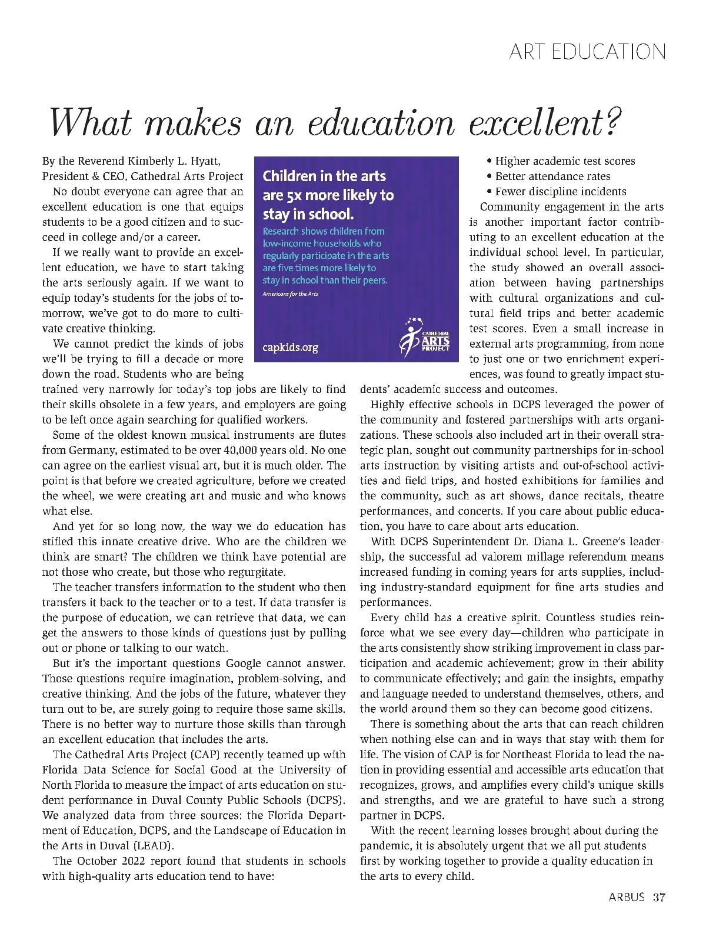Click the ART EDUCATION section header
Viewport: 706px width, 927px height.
[588, 52]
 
